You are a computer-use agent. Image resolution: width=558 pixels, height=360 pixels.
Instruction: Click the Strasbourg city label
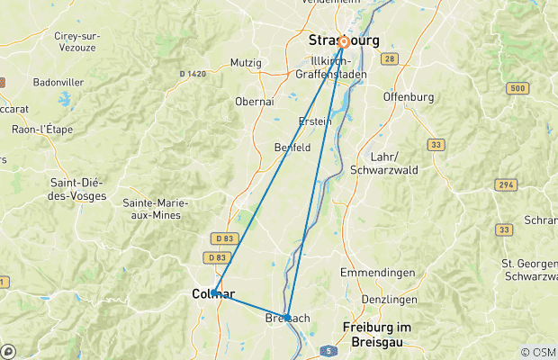344,40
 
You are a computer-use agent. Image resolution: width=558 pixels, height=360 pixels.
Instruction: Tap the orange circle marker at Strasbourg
343,41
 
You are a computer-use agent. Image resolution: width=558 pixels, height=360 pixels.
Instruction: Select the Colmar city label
213,294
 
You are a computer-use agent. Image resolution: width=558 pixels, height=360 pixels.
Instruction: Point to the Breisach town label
289,319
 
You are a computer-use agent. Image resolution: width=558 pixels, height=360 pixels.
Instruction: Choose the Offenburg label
409,96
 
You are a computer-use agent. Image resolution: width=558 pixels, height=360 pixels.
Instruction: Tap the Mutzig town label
247,63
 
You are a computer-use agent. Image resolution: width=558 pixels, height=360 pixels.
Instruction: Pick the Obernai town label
255,102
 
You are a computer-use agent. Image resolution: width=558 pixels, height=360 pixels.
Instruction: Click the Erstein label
315,121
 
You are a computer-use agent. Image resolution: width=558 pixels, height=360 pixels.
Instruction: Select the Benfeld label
292,146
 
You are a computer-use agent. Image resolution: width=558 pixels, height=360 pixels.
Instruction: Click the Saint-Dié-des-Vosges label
77,189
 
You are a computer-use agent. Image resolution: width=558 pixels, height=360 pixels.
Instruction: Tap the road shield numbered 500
517,88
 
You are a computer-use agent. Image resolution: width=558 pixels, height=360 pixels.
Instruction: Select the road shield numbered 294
505,184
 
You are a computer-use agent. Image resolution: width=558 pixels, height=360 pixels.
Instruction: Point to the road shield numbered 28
390,58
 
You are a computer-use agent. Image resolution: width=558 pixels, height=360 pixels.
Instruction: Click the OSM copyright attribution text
538,352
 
